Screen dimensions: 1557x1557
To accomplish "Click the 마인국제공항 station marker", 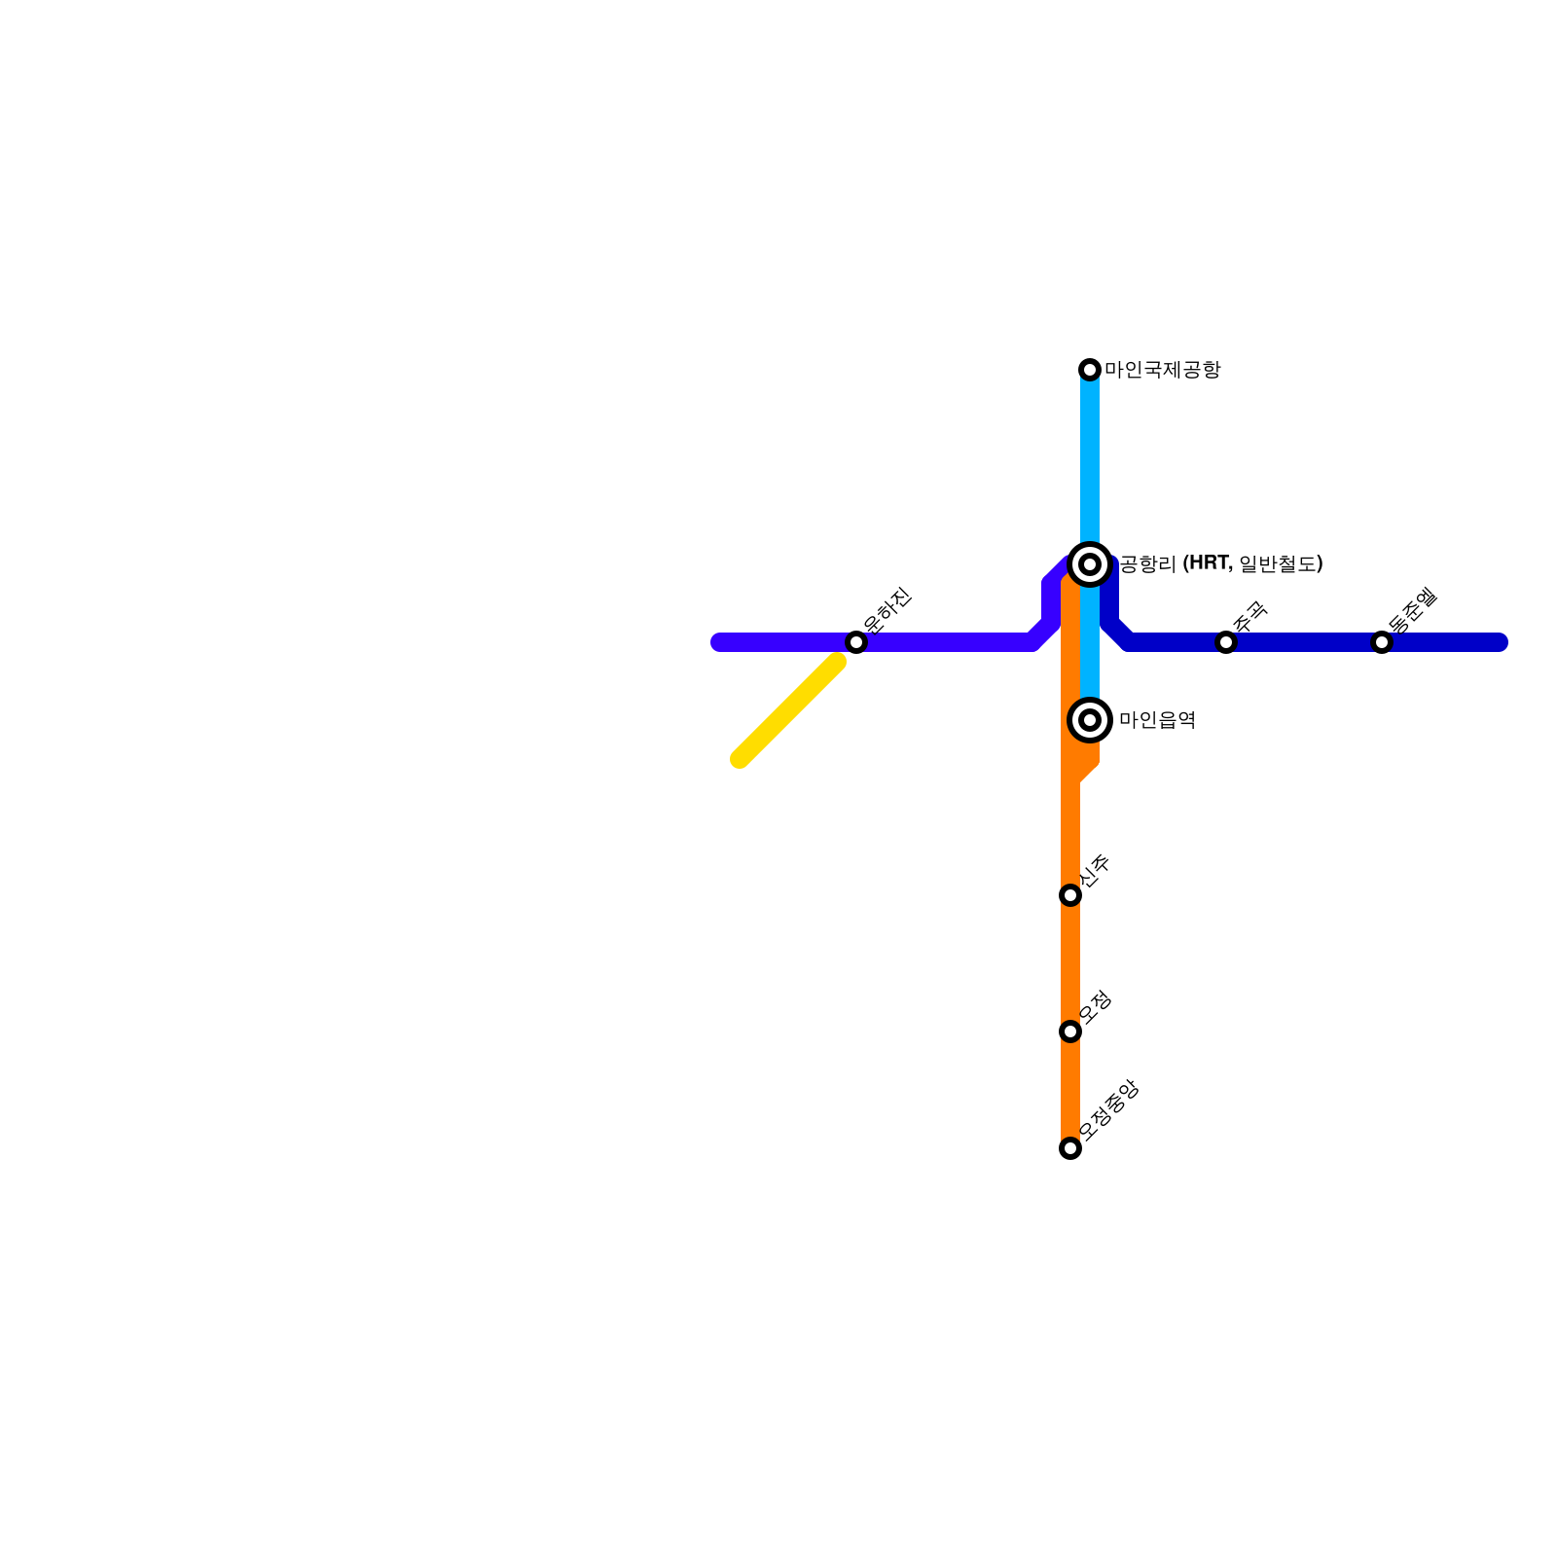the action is [x=1090, y=370].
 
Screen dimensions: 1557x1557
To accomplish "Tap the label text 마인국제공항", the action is [x=1162, y=370].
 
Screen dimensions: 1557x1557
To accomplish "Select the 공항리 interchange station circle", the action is [x=1090, y=564].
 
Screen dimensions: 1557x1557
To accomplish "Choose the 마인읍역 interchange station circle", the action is [x=1090, y=720].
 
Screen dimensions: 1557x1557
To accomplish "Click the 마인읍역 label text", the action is [x=1157, y=720].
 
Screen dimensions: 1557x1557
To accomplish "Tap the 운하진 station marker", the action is [x=856, y=642].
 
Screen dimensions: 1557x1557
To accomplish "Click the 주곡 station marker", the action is [x=1226, y=642].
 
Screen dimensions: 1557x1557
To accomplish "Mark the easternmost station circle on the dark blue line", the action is [x=1382, y=642].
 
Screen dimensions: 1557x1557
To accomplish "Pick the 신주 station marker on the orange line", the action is [x=1070, y=895].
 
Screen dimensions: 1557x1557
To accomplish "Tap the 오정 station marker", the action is [x=1070, y=1032].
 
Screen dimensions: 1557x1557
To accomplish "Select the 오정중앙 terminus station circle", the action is [x=1070, y=1148].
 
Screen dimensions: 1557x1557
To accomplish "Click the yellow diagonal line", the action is [x=788, y=710].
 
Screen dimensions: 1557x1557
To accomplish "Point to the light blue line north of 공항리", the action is [x=1090, y=457].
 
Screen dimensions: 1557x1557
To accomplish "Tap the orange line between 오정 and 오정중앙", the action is [x=1070, y=1090].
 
